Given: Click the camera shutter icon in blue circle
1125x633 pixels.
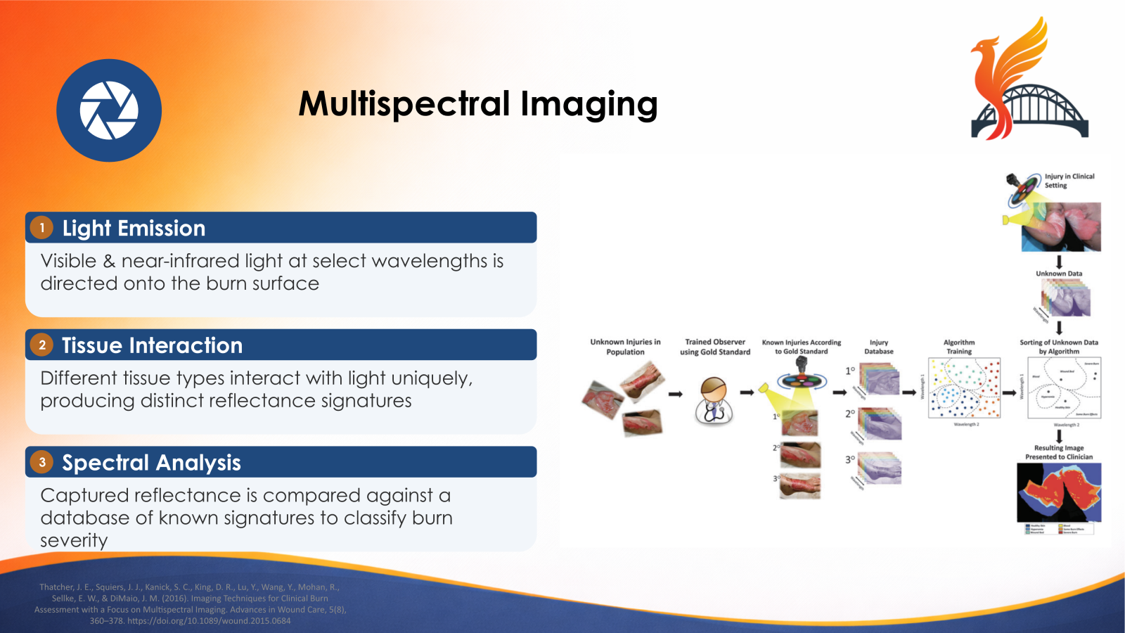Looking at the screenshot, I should [109, 110].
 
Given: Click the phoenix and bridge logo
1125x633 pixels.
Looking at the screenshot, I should [1029, 81].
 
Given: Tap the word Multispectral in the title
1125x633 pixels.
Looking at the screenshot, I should [404, 104].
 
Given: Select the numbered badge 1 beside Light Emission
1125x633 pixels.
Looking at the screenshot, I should [42, 228].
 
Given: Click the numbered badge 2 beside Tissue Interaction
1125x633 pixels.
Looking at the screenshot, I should [42, 345].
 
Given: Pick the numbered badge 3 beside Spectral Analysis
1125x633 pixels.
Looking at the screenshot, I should [42, 462].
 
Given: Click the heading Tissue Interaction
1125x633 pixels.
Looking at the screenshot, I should [152, 345].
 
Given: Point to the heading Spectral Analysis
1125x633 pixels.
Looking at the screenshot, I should [151, 463].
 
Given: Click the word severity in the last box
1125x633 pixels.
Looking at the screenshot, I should [74, 541].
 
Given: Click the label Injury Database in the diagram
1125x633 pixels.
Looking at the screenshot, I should [878, 347].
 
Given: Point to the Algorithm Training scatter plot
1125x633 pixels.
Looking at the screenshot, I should [964, 388].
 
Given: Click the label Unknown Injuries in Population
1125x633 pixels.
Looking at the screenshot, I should [625, 347].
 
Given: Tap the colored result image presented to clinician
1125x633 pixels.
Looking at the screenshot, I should [1059, 492].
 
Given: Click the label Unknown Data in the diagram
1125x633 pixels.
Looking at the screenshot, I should [1059, 274].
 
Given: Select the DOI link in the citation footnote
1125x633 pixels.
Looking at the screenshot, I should [209, 621].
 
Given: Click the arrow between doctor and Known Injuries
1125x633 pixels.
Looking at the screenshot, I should [747, 392].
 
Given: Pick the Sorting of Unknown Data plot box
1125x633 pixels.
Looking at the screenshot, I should [1064, 388].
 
